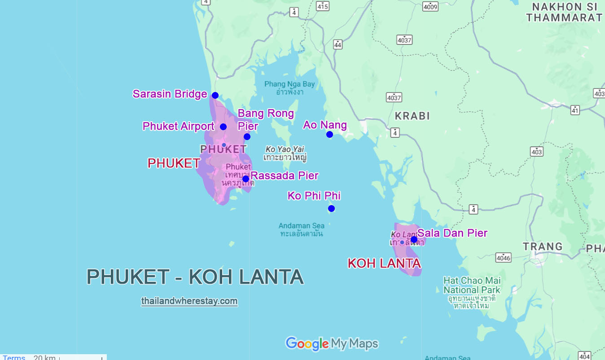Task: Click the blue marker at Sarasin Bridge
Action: click(x=215, y=95)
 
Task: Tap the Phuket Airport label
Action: click(x=178, y=126)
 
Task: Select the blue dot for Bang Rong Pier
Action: click(x=247, y=136)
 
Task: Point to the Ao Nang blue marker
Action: click(x=329, y=134)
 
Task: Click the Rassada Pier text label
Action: click(x=285, y=176)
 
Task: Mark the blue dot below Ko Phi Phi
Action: click(x=331, y=208)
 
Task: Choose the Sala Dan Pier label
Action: click(x=452, y=233)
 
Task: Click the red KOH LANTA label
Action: click(x=384, y=263)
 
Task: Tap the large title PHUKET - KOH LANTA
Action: click(x=195, y=277)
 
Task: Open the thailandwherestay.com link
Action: click(x=189, y=301)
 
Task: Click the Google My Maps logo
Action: click(x=332, y=344)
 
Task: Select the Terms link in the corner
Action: click(x=14, y=357)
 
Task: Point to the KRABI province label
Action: click(x=412, y=116)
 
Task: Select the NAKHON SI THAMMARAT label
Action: click(x=564, y=13)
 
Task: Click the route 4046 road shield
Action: click(x=503, y=257)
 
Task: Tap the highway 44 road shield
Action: click(x=338, y=44)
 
